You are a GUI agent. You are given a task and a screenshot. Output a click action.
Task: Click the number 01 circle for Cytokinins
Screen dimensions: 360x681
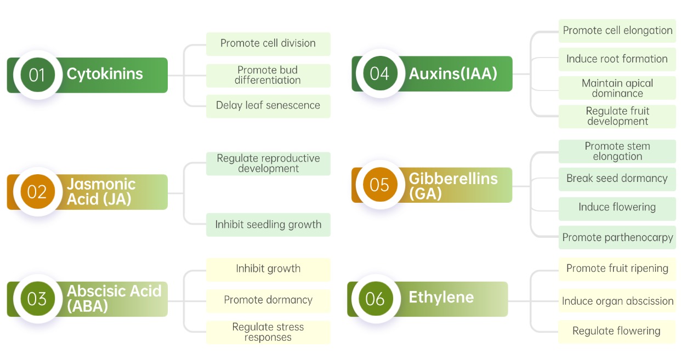[37, 75]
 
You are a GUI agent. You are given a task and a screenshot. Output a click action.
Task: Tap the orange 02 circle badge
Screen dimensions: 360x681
[37, 192]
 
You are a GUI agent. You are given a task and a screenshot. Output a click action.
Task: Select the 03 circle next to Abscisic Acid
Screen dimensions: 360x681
[37, 299]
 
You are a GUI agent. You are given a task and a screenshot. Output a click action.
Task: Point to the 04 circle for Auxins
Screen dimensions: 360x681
[379, 73]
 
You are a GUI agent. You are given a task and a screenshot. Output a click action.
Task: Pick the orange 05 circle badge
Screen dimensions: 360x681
[379, 185]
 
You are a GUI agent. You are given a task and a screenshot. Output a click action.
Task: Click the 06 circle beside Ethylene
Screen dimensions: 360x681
[375, 299]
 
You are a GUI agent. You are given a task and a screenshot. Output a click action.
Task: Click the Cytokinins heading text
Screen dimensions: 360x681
[105, 74]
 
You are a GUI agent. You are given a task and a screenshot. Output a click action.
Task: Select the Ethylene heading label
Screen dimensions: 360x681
[441, 298]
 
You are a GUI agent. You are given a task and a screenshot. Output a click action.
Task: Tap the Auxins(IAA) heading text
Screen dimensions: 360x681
[453, 73]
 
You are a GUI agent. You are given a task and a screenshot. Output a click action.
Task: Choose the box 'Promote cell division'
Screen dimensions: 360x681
[268, 43]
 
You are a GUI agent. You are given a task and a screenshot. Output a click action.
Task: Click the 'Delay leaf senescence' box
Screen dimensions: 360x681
[268, 106]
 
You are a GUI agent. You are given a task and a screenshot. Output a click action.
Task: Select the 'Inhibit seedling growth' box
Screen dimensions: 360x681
[268, 225]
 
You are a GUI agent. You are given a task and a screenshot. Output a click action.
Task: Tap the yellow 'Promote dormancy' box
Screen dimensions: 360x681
[268, 300]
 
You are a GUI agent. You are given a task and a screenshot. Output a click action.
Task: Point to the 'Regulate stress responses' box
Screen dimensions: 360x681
[268, 332]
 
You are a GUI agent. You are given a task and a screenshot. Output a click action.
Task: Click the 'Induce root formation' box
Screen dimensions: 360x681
[617, 59]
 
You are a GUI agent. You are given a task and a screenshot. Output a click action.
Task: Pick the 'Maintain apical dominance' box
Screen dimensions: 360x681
[617, 88]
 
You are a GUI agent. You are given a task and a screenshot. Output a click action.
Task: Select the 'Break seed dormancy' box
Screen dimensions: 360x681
[617, 179]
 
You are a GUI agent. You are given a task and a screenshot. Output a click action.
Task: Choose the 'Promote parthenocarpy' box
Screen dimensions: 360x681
[617, 238]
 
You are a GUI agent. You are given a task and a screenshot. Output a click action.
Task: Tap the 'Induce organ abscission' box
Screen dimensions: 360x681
[617, 301]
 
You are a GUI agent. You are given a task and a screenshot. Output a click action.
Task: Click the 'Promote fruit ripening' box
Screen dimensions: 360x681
[617, 268]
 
